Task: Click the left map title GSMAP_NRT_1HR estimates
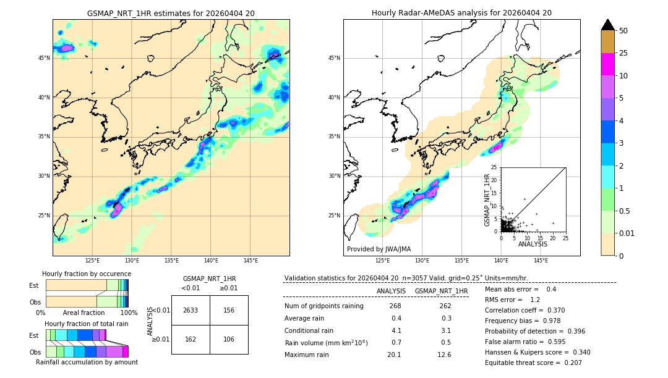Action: (x=171, y=13)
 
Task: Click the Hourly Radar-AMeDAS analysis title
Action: (x=461, y=13)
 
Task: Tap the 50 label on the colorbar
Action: (x=623, y=31)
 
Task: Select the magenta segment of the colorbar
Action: (x=607, y=64)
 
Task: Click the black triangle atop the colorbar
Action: (x=607, y=25)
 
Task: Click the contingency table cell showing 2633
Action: (x=191, y=310)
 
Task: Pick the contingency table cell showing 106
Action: (x=229, y=339)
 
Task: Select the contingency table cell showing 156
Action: (x=229, y=310)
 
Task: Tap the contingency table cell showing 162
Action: (x=191, y=339)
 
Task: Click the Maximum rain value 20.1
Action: (x=394, y=355)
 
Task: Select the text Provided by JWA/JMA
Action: (x=379, y=250)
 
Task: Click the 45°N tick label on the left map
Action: (x=44, y=58)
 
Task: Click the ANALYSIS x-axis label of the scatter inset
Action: (x=533, y=244)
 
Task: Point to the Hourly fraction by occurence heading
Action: (x=87, y=274)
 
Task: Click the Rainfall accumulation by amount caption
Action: (x=87, y=362)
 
